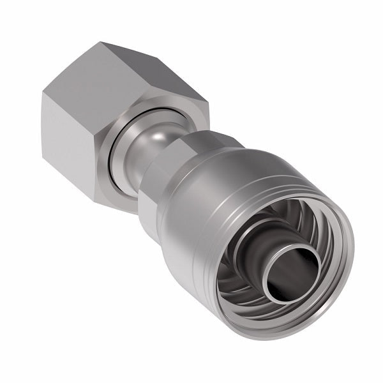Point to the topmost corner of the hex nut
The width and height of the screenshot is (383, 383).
click(102, 43)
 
